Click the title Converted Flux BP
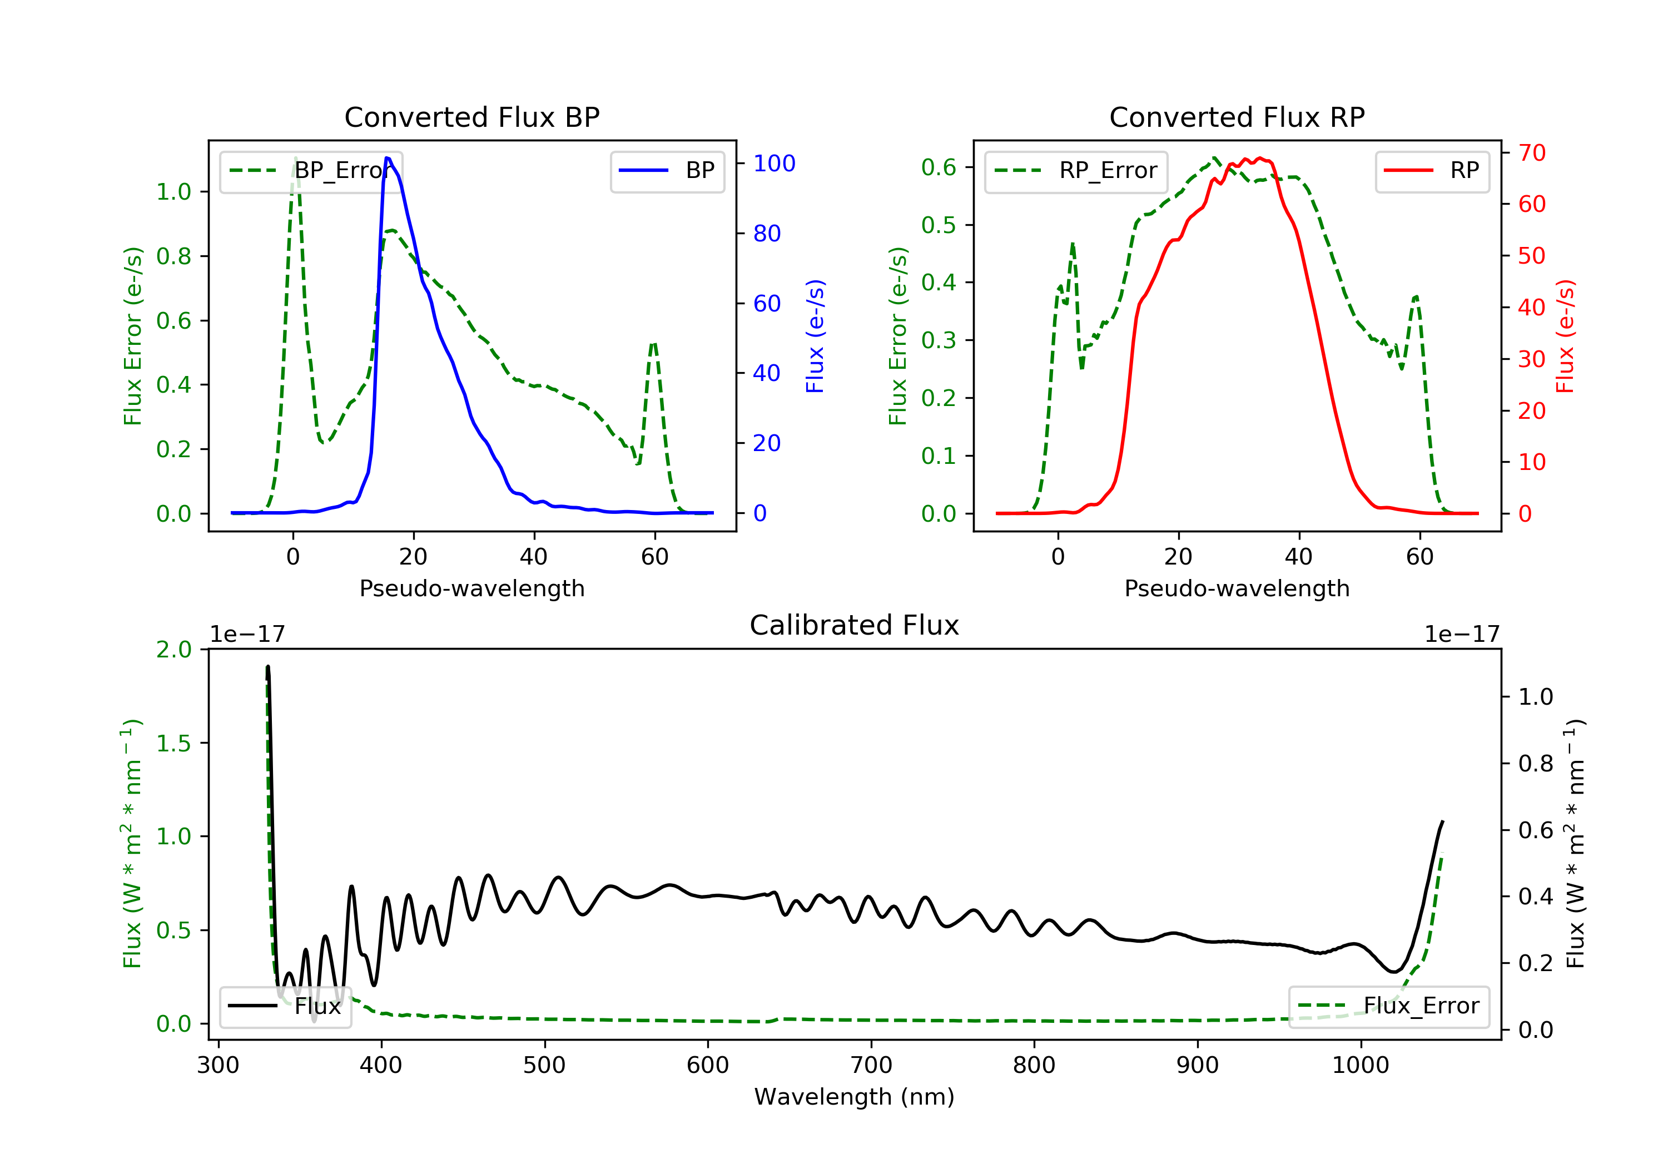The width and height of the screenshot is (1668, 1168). [x=471, y=117]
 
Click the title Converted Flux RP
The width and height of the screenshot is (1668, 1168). [x=1237, y=117]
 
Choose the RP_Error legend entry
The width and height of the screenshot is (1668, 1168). [x=1076, y=171]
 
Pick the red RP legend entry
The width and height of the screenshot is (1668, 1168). [x=1432, y=171]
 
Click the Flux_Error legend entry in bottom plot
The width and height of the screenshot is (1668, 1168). [x=1388, y=1006]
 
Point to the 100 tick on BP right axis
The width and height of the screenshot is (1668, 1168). [x=774, y=164]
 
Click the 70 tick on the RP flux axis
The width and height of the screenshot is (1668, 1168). [x=1531, y=152]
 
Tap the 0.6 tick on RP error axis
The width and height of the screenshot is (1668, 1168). [x=939, y=167]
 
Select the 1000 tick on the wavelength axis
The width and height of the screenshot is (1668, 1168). [x=1360, y=1066]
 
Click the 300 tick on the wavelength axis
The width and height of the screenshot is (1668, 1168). [x=218, y=1066]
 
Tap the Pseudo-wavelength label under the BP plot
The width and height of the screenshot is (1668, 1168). [x=471, y=588]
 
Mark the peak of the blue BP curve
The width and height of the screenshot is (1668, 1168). [x=387, y=158]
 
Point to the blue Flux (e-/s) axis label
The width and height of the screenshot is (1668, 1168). [x=815, y=336]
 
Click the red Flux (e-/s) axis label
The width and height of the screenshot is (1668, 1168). [x=1565, y=336]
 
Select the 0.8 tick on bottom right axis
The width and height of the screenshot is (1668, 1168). [x=1535, y=763]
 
